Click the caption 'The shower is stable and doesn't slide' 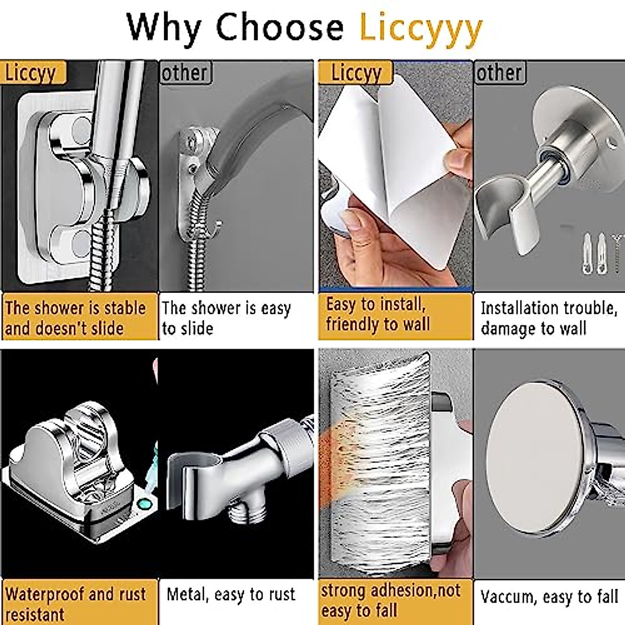(76, 318)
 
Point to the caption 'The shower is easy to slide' (226, 318)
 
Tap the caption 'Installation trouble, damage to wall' (548, 318)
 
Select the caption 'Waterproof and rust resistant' (76, 603)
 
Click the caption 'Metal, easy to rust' (231, 594)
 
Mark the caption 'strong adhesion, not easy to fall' (391, 600)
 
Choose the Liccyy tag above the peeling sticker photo (356, 73)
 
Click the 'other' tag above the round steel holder (499, 72)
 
